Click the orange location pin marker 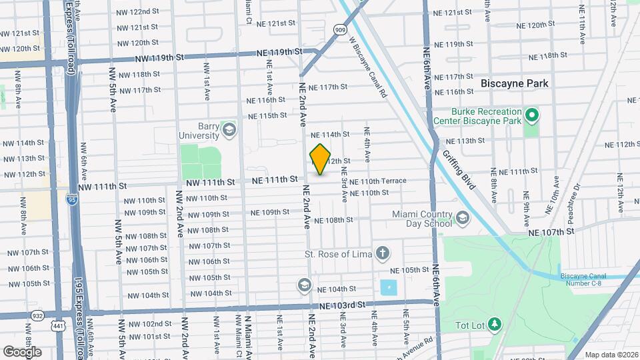321,159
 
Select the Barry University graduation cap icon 230,129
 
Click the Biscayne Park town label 515,83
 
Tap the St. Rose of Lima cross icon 382,253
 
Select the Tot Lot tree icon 495,325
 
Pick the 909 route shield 341,30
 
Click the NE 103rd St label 343,305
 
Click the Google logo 22,351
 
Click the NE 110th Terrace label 377,181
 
